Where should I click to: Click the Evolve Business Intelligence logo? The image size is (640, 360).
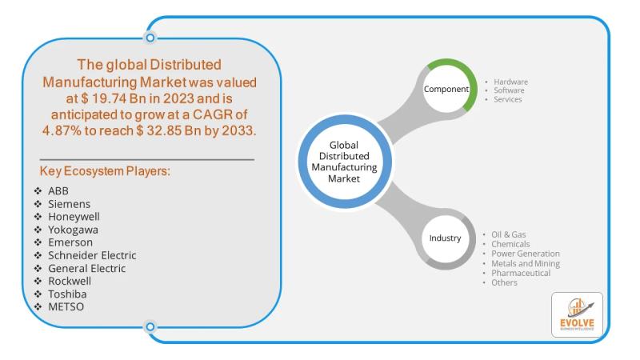(x=577, y=314)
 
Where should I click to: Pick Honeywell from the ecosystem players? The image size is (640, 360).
(x=74, y=216)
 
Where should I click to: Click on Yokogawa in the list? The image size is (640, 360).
(x=74, y=230)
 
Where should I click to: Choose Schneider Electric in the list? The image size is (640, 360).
(x=92, y=255)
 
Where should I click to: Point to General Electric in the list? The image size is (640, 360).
(x=86, y=268)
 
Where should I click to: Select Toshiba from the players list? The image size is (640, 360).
(x=68, y=294)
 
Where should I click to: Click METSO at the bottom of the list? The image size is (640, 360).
(x=66, y=306)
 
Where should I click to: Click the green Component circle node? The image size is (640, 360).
(x=446, y=89)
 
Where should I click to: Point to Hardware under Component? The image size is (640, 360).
(x=510, y=82)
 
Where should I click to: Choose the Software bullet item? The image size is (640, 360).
(x=509, y=90)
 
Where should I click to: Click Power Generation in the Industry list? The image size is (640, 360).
(x=525, y=254)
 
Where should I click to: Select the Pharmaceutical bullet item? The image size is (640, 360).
(x=521, y=273)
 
